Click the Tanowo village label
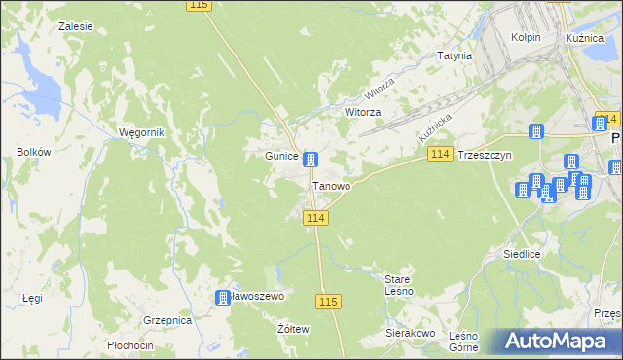331,185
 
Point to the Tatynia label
454,55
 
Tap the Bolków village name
34,152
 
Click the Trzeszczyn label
484,156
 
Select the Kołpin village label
526,37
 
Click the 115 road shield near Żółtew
328,303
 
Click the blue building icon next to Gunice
310,160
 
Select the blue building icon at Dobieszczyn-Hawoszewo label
223,297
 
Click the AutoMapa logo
560,342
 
